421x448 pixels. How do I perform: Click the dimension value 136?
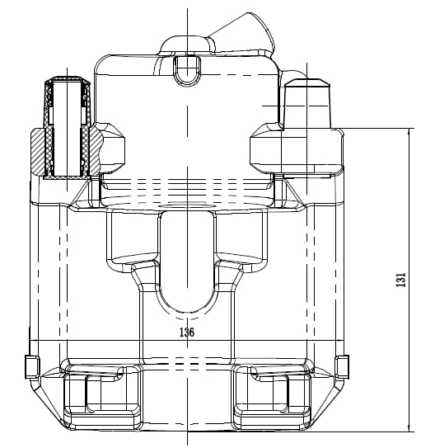pos(187,332)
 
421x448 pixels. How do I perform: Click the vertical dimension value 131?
pos(400,280)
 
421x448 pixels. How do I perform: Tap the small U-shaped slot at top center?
pos(187,70)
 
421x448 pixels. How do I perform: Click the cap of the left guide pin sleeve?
pos(68,80)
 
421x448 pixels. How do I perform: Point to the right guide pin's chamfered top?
pos(307,82)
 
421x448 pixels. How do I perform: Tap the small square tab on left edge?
pos(31,367)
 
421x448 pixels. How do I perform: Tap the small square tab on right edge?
pos(342,367)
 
